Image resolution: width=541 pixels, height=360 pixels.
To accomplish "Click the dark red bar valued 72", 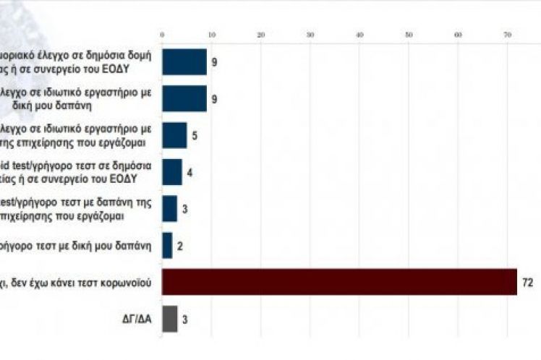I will click(338, 282).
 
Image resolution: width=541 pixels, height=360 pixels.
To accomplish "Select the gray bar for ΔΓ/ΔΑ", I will click(169, 319).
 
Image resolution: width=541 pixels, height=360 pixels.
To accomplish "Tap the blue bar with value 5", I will click(174, 135).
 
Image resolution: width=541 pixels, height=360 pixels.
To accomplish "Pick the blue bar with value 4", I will click(171, 172).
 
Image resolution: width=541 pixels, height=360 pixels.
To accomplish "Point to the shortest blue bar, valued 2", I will click(166, 246).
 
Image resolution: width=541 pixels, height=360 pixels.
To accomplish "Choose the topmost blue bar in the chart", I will click(184, 62).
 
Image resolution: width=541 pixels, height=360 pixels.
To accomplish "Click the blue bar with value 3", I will click(169, 209).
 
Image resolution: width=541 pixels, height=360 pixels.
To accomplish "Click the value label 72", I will click(527, 283).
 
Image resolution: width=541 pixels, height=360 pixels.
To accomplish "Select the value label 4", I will click(189, 173).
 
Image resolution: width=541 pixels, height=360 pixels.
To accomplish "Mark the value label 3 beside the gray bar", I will click(185, 320).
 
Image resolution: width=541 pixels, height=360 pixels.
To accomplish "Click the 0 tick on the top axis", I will click(162, 34).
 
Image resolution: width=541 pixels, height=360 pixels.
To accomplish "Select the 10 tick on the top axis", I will click(211, 34).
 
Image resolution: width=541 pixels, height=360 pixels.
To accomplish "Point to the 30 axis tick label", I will click(310, 34).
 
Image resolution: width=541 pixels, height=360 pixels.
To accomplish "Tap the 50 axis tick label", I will click(409, 34).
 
